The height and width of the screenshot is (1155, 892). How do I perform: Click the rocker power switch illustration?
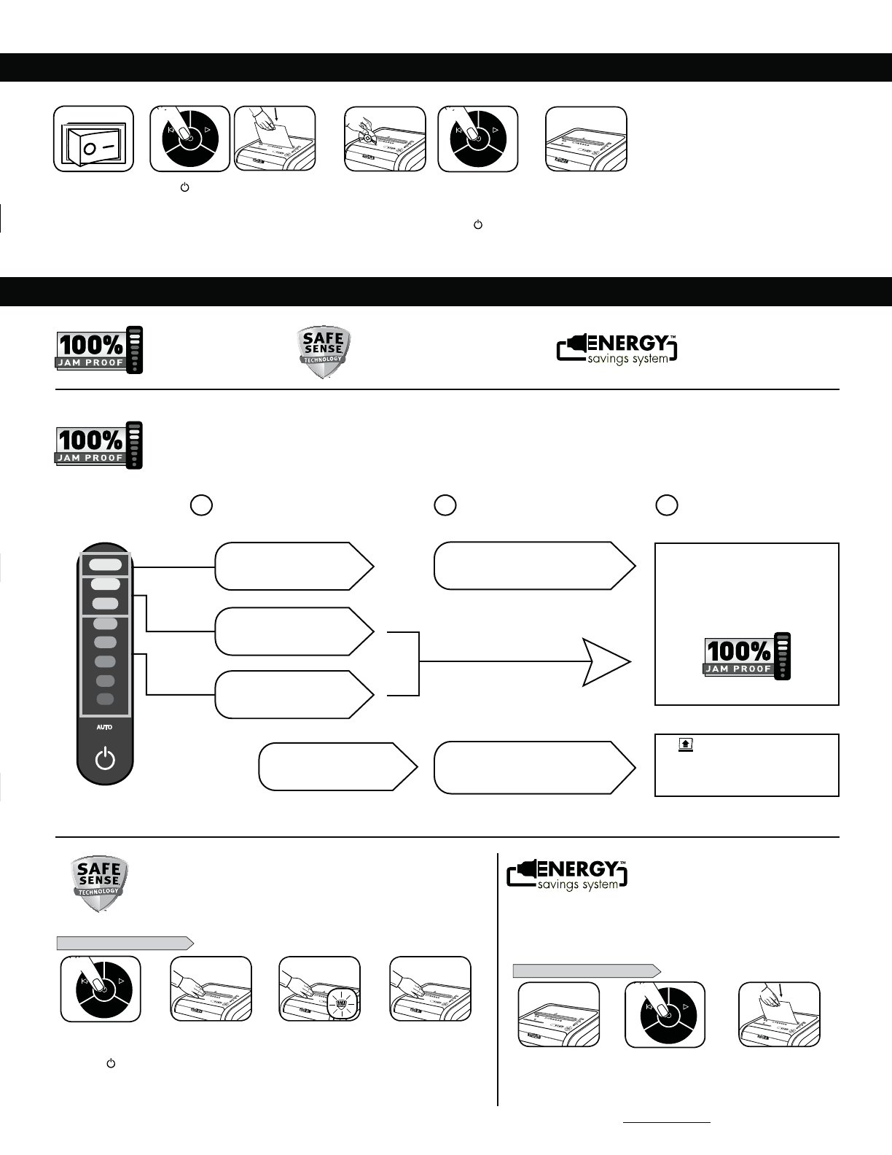coord(93,139)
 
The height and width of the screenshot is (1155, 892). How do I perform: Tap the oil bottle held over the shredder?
coord(368,136)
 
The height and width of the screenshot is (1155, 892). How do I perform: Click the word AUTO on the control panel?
coord(105,727)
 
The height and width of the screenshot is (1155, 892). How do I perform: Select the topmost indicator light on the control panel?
coord(106,564)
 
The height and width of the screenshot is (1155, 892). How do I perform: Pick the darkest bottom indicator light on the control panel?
coord(106,699)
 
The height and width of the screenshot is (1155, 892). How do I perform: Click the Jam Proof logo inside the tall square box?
coord(747,656)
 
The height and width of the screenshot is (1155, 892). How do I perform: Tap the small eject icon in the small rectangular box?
coord(685,744)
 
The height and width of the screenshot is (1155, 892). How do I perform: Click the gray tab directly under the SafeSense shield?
coord(125,943)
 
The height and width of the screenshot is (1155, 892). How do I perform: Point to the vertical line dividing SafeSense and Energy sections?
coord(498,977)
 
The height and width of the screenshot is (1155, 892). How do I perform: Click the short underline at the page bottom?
coord(667,1123)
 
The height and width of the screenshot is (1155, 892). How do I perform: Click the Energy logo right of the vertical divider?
coord(567,874)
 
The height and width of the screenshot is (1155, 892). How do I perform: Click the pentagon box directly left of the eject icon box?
coord(533,767)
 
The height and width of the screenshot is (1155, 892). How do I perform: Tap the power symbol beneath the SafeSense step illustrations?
coord(111,1064)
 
